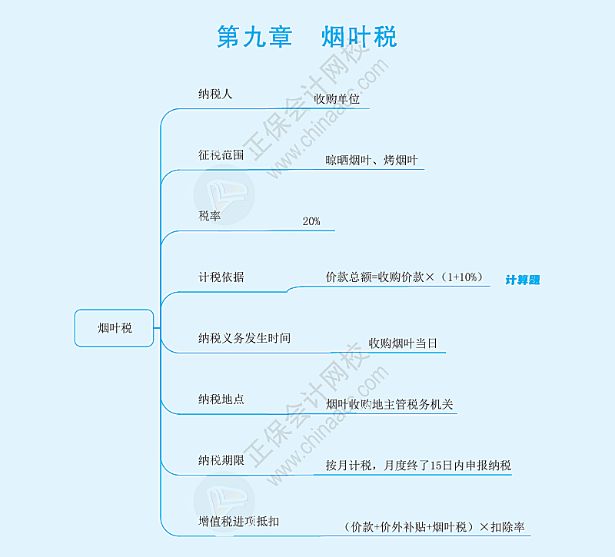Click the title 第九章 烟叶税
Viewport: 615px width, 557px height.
(x=307, y=37)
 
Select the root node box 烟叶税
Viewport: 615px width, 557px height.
(x=114, y=328)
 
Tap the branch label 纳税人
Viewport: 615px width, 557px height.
(x=215, y=94)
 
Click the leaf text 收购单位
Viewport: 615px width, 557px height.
(x=337, y=99)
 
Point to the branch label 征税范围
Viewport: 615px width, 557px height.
(x=221, y=155)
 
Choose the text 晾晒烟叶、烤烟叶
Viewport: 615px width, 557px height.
(x=371, y=160)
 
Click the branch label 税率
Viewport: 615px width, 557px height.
(x=209, y=216)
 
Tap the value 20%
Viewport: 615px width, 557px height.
(x=311, y=221)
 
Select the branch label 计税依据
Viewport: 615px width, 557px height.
(x=221, y=277)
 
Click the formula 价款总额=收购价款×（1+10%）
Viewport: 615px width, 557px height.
(x=404, y=277)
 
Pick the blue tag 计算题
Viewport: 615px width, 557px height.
(x=523, y=280)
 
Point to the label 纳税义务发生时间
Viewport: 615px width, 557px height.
(x=244, y=338)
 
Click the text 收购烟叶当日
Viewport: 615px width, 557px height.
(x=403, y=343)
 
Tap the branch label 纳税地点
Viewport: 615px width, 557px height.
(x=221, y=399)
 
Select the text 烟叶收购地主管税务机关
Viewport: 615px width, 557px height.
(x=389, y=404)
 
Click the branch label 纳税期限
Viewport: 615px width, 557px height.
(x=221, y=460)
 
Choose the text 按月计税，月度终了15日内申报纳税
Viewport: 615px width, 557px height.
(x=418, y=466)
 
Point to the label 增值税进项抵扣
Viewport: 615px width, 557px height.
(x=238, y=522)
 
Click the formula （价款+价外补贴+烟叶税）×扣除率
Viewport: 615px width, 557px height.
(x=434, y=527)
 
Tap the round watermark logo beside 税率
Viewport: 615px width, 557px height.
(x=224, y=195)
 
